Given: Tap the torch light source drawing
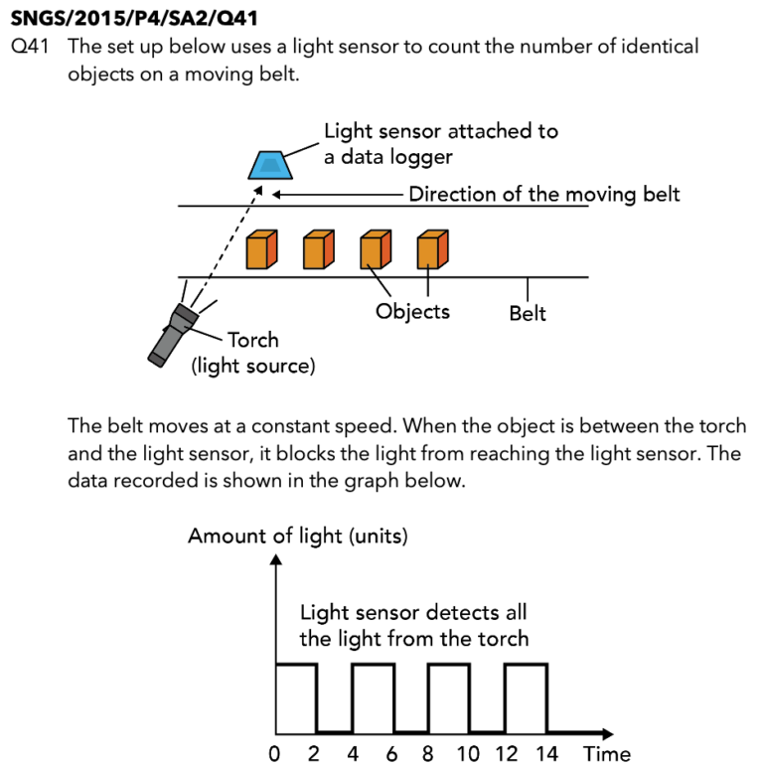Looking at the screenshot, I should (173, 332).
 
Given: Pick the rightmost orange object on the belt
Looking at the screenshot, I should (431, 249).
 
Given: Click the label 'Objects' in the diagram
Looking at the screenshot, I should (412, 311).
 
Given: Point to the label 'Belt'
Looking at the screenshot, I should (528, 313).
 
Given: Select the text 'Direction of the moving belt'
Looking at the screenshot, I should (544, 194).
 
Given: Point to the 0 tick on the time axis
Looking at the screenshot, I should (275, 753).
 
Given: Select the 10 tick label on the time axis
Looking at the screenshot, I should (468, 753).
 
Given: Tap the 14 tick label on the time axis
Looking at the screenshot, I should (545, 753).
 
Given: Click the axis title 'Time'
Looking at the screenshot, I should (607, 753).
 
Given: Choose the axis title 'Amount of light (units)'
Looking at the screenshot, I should (298, 537).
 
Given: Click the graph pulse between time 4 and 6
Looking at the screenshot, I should (372, 695).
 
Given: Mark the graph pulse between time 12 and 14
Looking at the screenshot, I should (526, 695).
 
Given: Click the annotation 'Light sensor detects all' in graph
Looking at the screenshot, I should (413, 612).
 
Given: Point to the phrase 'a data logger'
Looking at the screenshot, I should (389, 156).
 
